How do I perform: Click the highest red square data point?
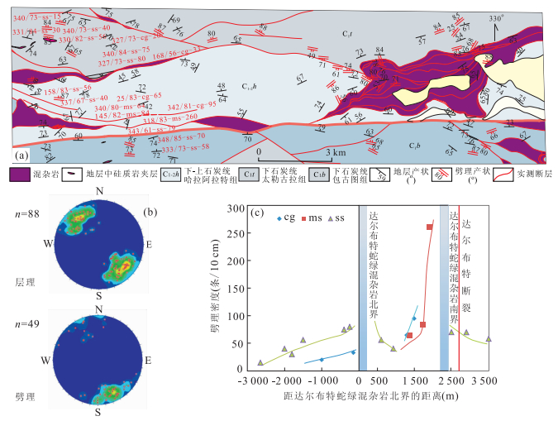point(429,227)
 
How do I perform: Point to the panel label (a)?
point(21,154)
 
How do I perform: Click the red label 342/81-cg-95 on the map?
point(191,106)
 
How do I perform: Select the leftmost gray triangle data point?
point(260,362)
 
